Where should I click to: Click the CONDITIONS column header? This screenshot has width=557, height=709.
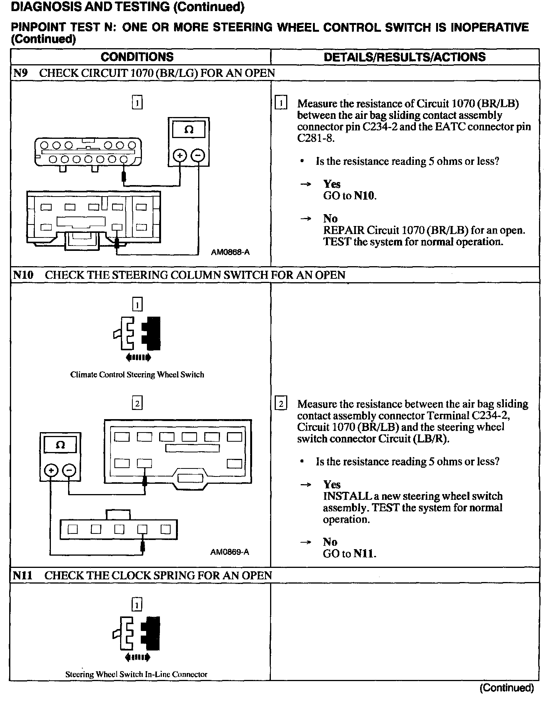click(137, 57)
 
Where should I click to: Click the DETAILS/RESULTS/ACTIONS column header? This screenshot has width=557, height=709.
click(404, 57)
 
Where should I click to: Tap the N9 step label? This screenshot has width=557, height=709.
click(21, 73)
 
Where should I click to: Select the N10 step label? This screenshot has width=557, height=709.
click(23, 275)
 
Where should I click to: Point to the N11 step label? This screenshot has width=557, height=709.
click(23, 575)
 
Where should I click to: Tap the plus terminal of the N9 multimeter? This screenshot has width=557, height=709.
click(180, 155)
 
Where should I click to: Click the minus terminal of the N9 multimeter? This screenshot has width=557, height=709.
click(198, 155)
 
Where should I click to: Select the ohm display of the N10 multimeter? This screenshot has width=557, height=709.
click(60, 445)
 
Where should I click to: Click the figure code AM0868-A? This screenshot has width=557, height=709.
click(230, 252)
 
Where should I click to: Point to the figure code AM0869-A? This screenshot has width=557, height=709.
click(230, 552)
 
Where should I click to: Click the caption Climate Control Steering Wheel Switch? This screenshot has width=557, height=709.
click(137, 375)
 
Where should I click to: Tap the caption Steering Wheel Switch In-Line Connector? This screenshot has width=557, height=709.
click(136, 675)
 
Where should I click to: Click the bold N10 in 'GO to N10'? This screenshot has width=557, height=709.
click(365, 196)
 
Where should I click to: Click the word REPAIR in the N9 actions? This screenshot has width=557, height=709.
click(344, 230)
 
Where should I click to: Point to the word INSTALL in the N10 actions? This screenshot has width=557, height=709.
click(347, 496)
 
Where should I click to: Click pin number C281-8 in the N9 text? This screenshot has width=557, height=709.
click(316, 138)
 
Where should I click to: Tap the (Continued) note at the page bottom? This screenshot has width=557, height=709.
click(507, 688)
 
